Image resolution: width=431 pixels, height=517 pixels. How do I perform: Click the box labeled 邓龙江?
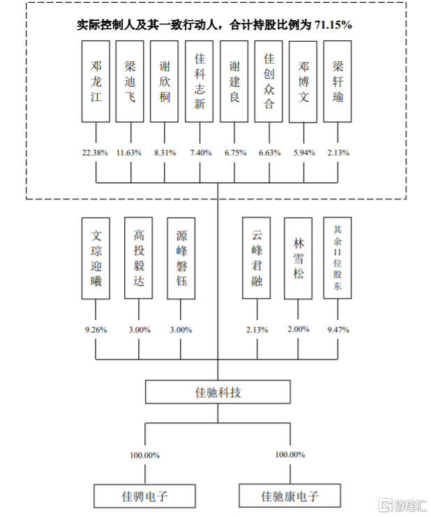pos(96,82)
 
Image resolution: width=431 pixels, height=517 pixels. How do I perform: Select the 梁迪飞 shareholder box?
pos(130,82)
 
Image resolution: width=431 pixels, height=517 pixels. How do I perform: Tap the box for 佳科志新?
pos(199,82)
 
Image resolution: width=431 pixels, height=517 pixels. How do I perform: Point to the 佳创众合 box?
pos(269,82)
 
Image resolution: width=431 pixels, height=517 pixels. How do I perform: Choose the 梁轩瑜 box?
pos(338,82)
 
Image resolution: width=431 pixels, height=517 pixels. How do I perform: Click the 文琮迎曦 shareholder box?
pos(96,258)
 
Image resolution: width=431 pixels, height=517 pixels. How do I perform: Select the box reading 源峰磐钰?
pos(181,258)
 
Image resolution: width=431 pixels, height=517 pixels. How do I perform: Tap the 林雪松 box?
pos(298,258)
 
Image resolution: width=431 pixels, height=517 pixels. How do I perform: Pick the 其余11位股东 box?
pos(338,258)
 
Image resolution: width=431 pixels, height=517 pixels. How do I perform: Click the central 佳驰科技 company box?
pos(218,392)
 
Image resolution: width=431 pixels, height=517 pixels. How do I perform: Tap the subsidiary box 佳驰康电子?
pos(290,496)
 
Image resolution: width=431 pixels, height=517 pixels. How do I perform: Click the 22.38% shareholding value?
pos(95,153)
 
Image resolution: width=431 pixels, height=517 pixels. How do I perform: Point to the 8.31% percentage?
pos(164,153)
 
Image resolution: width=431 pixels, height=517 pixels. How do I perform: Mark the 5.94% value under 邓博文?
pos(303,153)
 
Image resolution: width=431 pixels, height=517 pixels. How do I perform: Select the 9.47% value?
pos(338,330)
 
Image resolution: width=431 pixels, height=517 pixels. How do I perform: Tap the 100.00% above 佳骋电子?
pos(145,455)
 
